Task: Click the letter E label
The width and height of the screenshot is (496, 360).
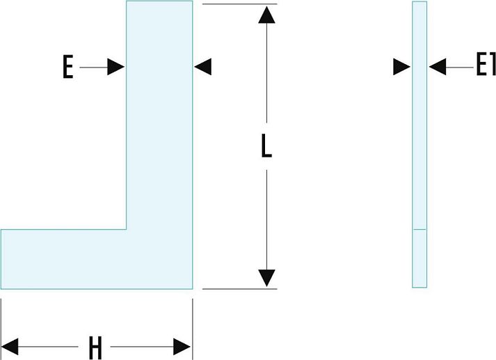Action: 67,68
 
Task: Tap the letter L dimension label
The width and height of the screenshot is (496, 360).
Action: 266,146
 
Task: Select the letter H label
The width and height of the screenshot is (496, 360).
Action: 95,347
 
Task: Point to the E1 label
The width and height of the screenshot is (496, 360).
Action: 484,67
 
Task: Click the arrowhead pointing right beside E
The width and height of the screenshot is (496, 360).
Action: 116,67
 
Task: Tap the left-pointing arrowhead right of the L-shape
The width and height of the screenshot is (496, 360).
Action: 202,67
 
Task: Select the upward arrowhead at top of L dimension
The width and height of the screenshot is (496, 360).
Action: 266,15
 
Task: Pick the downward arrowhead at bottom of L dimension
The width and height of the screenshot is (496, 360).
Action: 266,277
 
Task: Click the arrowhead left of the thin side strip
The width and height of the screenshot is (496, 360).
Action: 401,67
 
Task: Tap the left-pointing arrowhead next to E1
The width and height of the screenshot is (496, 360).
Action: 438,67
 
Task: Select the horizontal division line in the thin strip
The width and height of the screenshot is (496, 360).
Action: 419,229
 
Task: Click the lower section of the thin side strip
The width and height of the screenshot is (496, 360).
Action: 419,258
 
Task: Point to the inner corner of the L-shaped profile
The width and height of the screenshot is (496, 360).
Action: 127,229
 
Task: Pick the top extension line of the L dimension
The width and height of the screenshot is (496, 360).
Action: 237,3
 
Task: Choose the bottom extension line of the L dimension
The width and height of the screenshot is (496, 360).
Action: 237,288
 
